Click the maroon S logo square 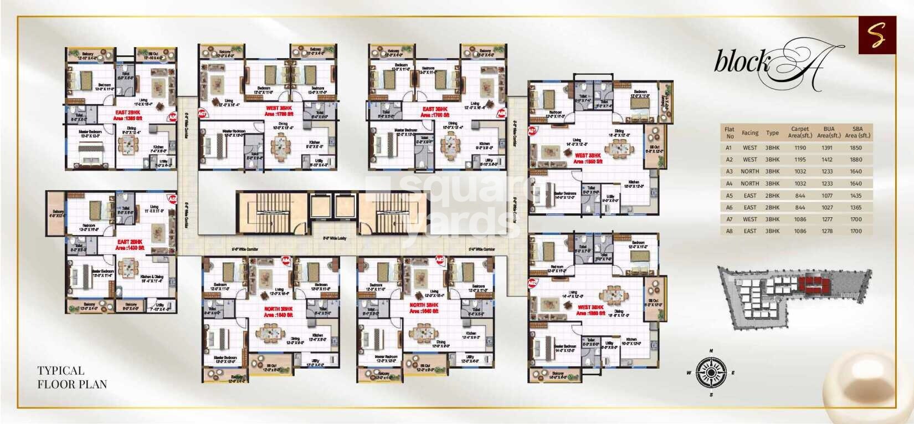coord(877,35)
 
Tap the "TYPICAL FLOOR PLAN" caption coord(72,377)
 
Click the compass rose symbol coord(711,372)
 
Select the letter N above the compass coord(711,350)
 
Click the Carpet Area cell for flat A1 coord(800,148)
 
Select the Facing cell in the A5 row coord(750,196)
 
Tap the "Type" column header coord(772,133)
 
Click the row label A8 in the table coord(729,231)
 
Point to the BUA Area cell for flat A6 coord(829,207)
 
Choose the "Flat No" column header coord(730,132)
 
